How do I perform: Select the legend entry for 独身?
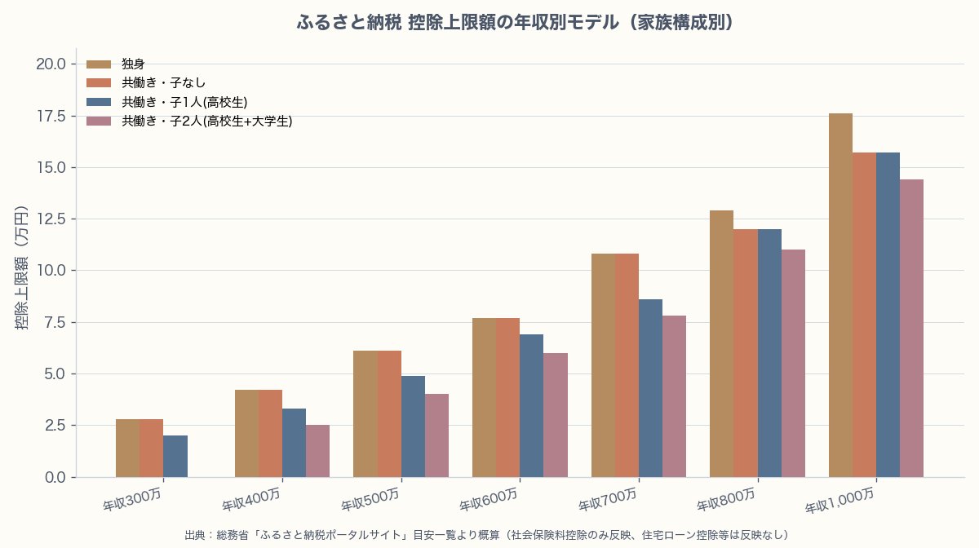click(133, 64)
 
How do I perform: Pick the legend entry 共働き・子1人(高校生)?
click(184, 102)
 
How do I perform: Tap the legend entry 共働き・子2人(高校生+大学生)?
click(206, 122)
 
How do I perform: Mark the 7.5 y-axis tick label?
click(55, 322)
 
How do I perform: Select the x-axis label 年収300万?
click(133, 500)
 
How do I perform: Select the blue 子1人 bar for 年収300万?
click(175, 456)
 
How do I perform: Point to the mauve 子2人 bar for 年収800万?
click(793, 363)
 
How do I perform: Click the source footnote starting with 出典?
click(486, 535)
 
